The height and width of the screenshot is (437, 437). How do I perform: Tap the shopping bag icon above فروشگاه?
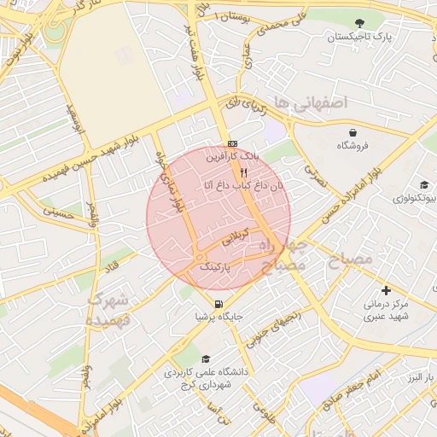click(x=352, y=131)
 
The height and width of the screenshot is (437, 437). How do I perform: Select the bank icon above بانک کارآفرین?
click(x=232, y=143)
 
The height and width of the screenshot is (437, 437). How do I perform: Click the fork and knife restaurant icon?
click(x=244, y=171)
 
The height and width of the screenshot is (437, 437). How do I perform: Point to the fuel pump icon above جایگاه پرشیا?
click(x=219, y=303)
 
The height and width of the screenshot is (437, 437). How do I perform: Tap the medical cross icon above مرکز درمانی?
click(x=387, y=291)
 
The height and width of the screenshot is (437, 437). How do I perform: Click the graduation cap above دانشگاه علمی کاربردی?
click(x=206, y=359)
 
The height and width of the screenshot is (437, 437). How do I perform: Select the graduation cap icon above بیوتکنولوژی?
click(x=422, y=184)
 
